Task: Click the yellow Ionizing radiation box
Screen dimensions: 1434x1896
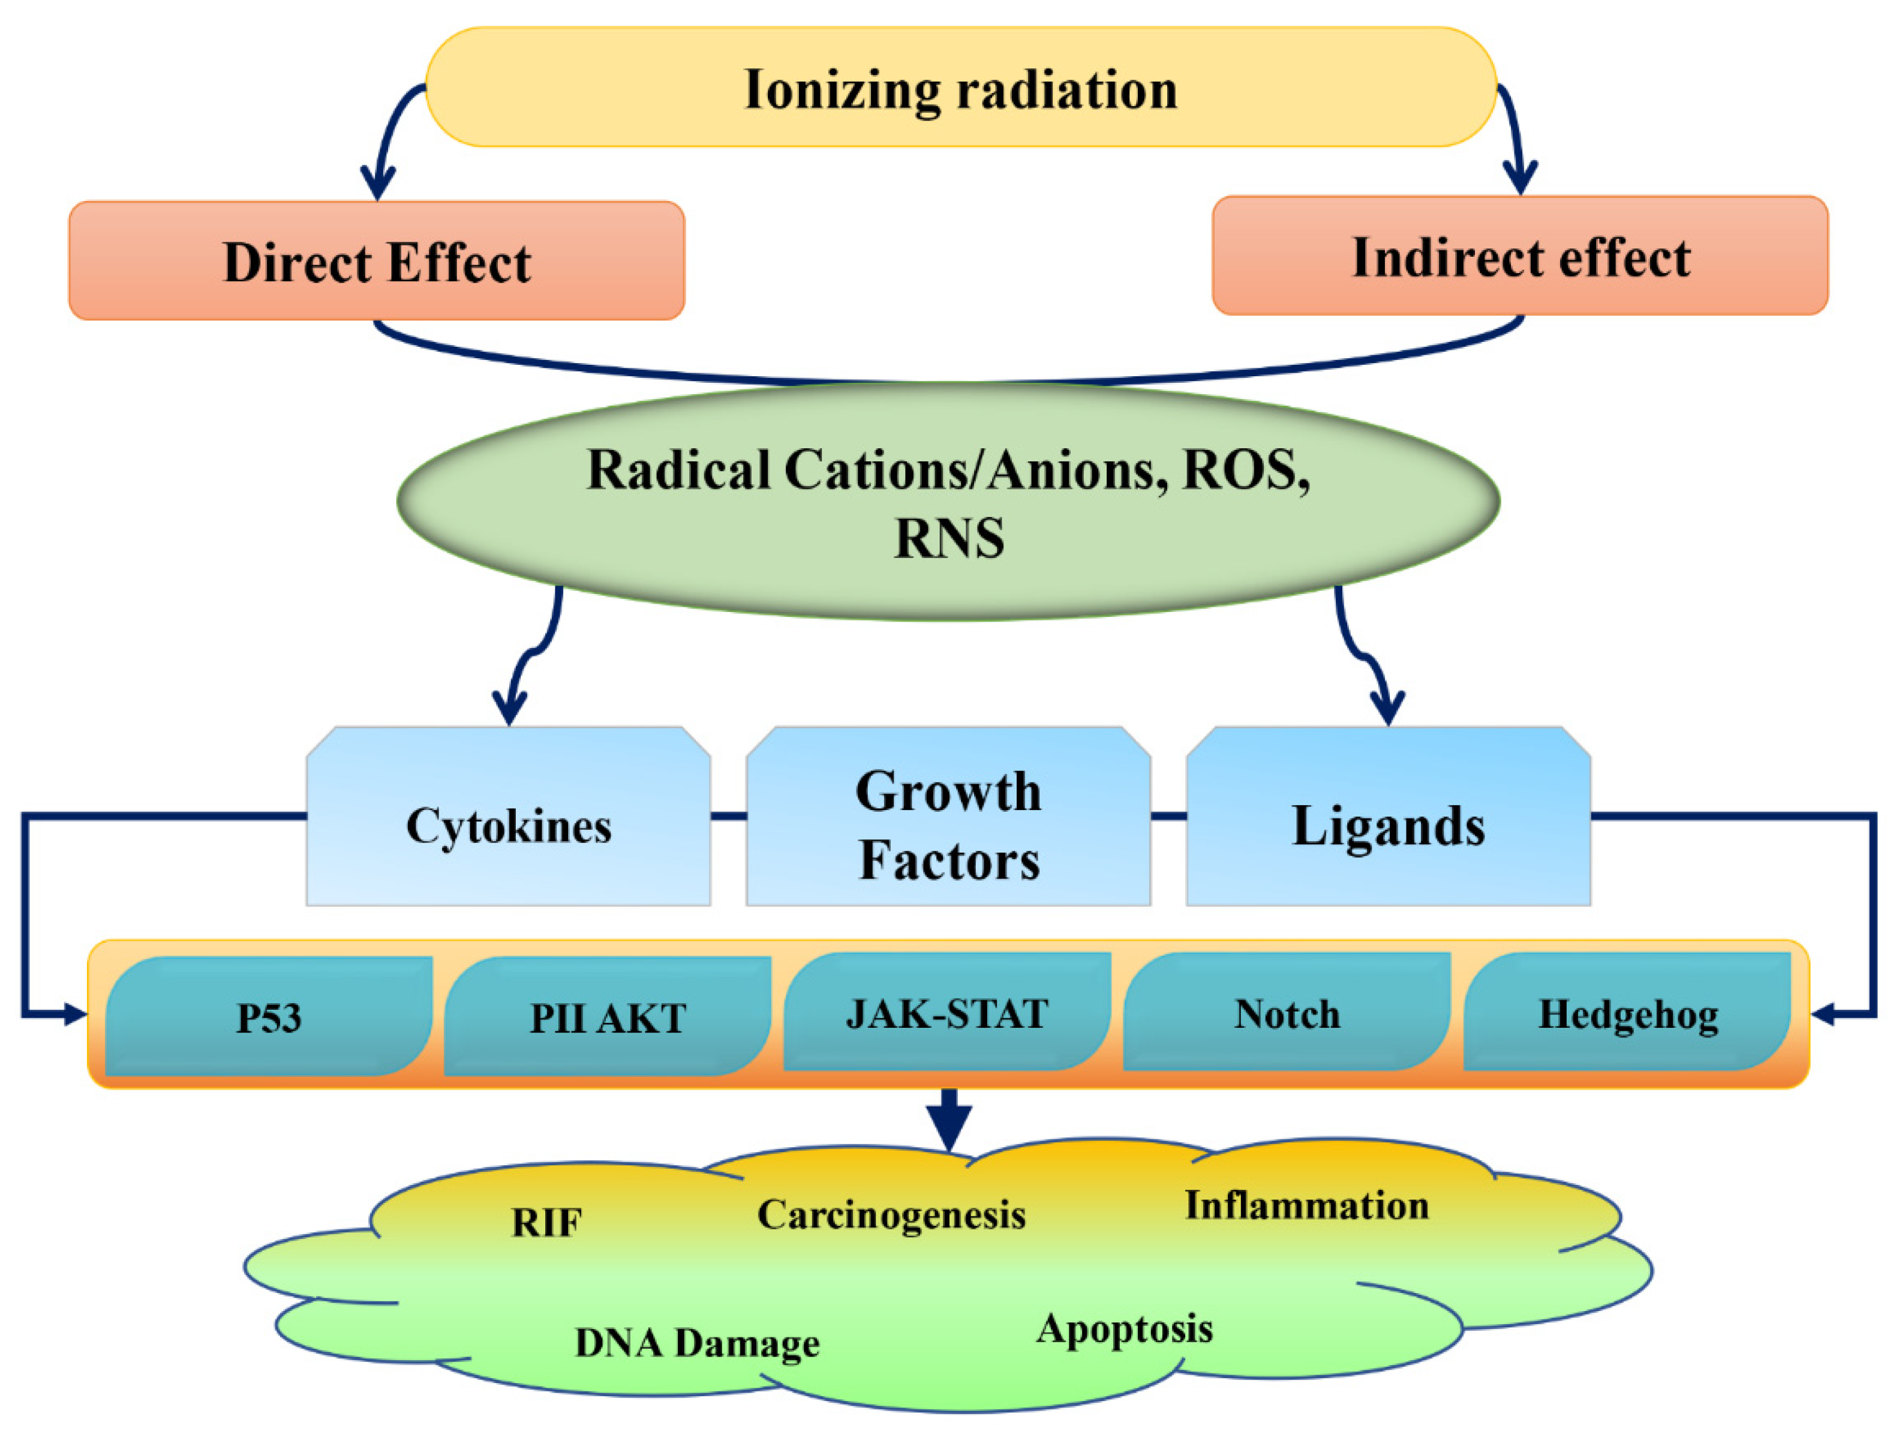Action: click(x=960, y=88)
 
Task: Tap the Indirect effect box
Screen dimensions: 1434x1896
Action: click(x=1520, y=256)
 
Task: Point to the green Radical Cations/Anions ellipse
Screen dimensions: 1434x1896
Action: click(x=948, y=502)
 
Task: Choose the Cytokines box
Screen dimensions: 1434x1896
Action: click(x=508, y=825)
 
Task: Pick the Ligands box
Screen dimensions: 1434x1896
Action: click(x=1388, y=825)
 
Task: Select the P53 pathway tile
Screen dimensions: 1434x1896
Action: click(x=268, y=1017)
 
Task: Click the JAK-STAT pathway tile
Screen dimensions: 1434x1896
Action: click(x=947, y=1013)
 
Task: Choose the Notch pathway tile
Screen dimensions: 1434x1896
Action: click(x=1287, y=1013)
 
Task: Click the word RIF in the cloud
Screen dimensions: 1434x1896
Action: click(x=546, y=1223)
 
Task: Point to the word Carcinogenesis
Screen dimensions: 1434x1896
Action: click(x=891, y=1214)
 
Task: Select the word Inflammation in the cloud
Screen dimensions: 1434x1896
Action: click(x=1306, y=1205)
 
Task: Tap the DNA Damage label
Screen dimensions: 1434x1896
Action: click(x=696, y=1343)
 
